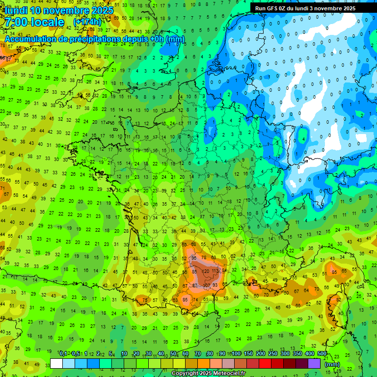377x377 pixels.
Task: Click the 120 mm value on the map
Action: click(x=205, y=271)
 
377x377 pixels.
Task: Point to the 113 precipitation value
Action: click(x=215, y=271)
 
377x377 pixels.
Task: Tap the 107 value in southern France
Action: click(x=207, y=285)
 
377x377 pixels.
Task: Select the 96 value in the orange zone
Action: click(x=194, y=258)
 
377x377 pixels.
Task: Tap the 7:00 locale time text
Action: click(x=34, y=22)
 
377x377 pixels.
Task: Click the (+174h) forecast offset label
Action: click(x=87, y=22)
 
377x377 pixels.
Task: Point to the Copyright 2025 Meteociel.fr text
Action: click(x=208, y=374)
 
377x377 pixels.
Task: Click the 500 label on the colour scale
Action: click(x=322, y=353)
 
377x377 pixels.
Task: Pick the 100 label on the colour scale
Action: click(x=236, y=353)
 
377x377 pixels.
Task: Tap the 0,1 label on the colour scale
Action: click(x=63, y=353)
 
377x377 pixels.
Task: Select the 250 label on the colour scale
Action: click(x=273, y=353)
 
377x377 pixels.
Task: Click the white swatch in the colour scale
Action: click(x=56, y=363)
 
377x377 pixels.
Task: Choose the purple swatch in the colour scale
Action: click(x=314, y=363)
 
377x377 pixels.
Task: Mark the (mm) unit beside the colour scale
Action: click(x=332, y=364)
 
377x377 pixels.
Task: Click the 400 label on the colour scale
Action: click(x=310, y=353)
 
